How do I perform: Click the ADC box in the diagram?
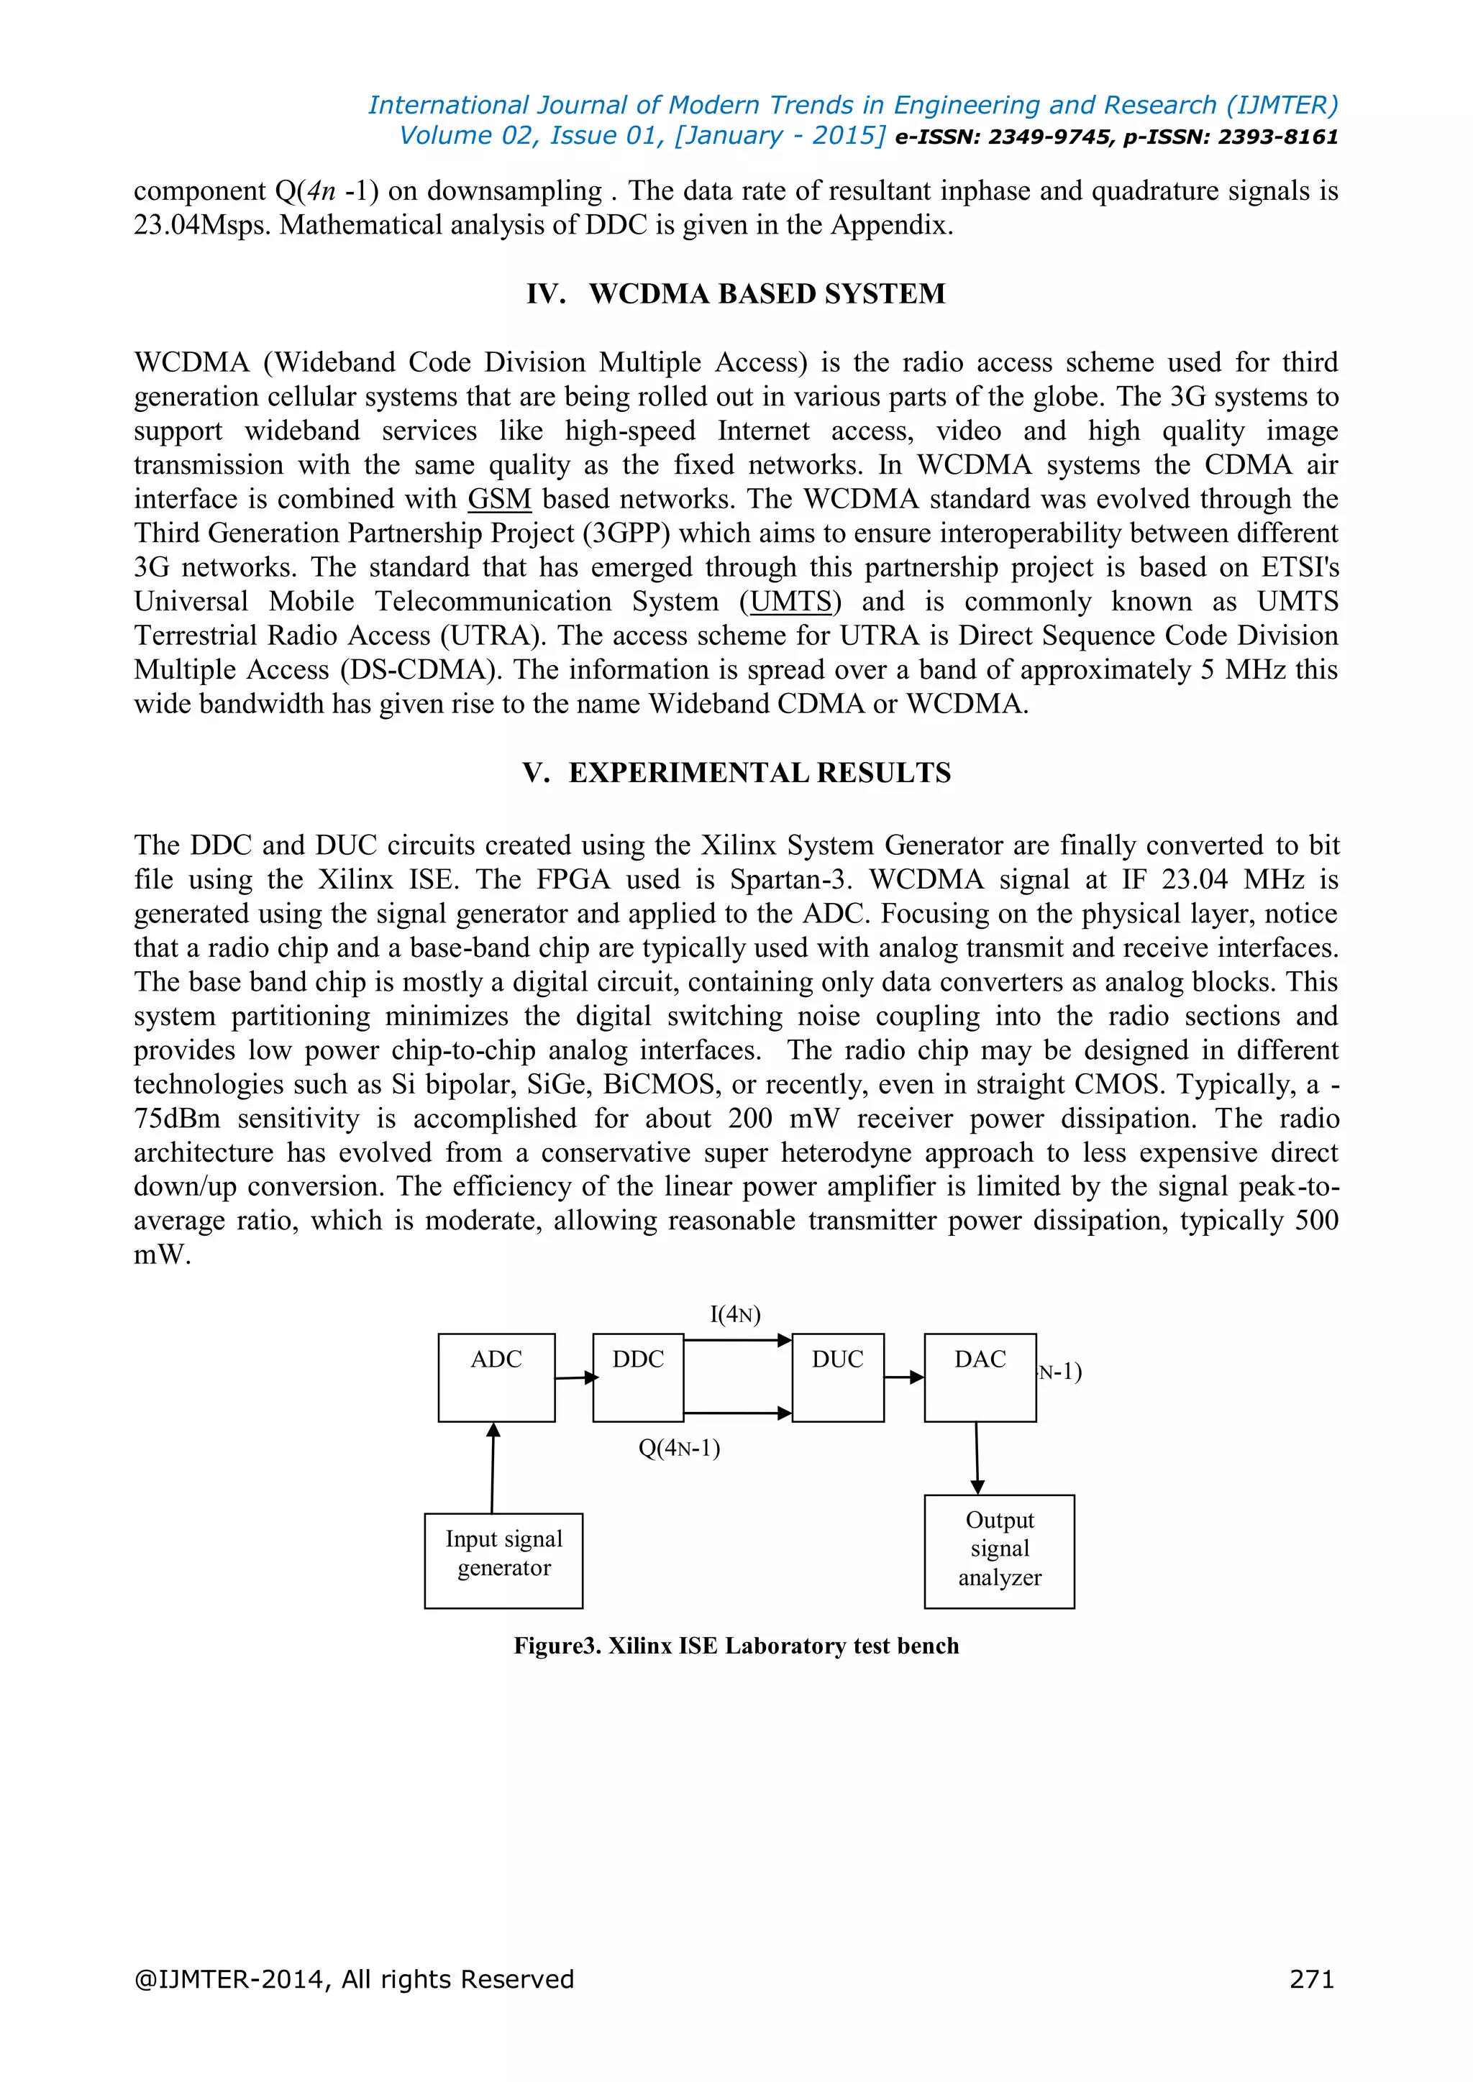point(496,1377)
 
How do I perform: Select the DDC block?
point(638,1377)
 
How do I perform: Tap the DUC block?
point(837,1377)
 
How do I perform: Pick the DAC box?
point(980,1377)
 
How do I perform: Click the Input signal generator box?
point(503,1559)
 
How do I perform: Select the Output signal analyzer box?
point(998,1551)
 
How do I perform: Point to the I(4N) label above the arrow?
point(734,1314)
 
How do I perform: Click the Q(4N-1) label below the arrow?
point(680,1447)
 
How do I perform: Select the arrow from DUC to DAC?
point(903,1377)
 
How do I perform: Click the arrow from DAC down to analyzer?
point(977,1457)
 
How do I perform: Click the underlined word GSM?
point(499,500)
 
